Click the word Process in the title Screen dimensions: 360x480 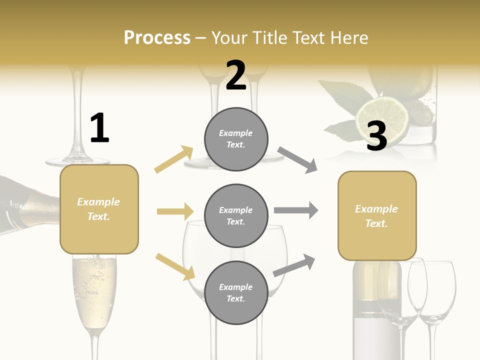pyautogui.click(x=157, y=37)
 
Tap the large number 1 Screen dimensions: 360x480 pyautogui.click(x=99, y=128)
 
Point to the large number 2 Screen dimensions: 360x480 pyautogui.click(x=236, y=75)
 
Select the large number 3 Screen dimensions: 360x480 pyautogui.click(x=376, y=135)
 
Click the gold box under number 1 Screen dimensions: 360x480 pyautogui.click(x=99, y=209)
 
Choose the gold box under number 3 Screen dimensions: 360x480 pyautogui.click(x=377, y=216)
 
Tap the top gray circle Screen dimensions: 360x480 pyautogui.click(x=236, y=139)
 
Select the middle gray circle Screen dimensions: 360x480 pyautogui.click(x=236, y=215)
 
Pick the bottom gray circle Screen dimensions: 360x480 pyautogui.click(x=236, y=292)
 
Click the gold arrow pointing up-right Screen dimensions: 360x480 pyautogui.click(x=174, y=159)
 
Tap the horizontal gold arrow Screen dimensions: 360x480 pyautogui.click(x=175, y=211)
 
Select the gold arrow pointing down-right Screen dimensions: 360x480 pyautogui.click(x=175, y=266)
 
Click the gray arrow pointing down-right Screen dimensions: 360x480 pyautogui.click(x=297, y=160)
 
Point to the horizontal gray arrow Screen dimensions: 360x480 pyautogui.click(x=296, y=210)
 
